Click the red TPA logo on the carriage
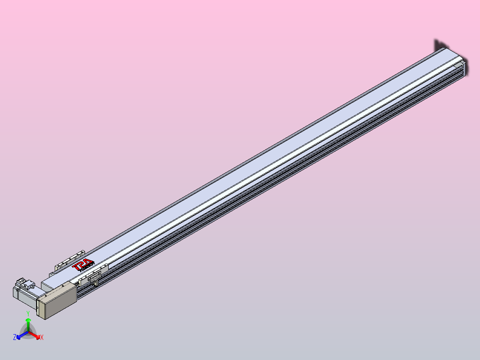point(82,265)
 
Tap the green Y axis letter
point(28,313)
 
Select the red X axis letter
point(41,338)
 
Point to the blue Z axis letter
point(15,338)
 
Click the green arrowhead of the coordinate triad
point(28,320)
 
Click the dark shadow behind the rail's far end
point(439,45)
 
